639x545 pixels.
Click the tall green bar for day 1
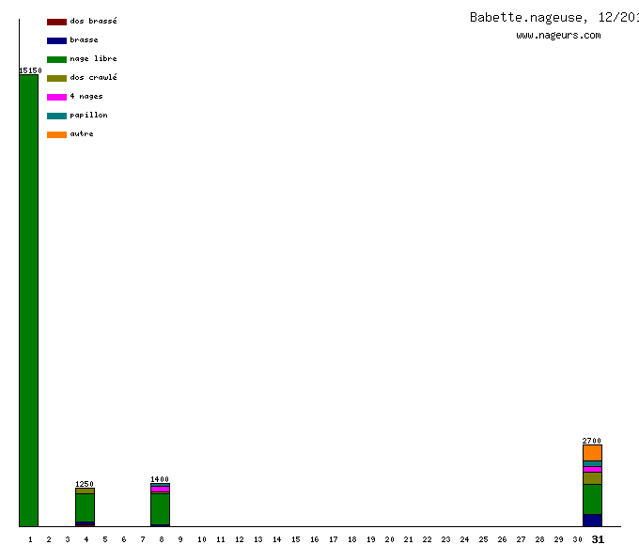pyautogui.click(x=29, y=301)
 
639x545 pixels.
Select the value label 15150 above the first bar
pyautogui.click(x=30, y=70)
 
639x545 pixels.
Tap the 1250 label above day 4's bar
pyautogui.click(x=85, y=484)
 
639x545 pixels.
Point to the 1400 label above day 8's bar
pyautogui.click(x=160, y=479)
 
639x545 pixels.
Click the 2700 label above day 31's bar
pyautogui.click(x=592, y=441)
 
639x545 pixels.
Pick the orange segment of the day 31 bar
pyautogui.click(x=592, y=452)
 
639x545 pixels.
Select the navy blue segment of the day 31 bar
pyautogui.click(x=592, y=520)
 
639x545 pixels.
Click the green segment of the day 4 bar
pyautogui.click(x=86, y=507)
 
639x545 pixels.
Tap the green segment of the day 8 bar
pyautogui.click(x=161, y=508)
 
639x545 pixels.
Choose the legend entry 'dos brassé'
pyautogui.click(x=82, y=22)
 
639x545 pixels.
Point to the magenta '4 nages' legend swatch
pyautogui.click(x=56, y=97)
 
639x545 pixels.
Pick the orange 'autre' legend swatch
pyautogui.click(x=56, y=134)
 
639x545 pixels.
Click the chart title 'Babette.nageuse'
pyautogui.click(x=527, y=17)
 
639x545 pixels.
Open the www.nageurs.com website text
pyautogui.click(x=558, y=35)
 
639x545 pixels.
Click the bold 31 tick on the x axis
pyautogui.click(x=598, y=539)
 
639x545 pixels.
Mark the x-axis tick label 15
pyautogui.click(x=295, y=539)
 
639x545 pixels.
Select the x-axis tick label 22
pyautogui.click(x=428, y=539)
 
